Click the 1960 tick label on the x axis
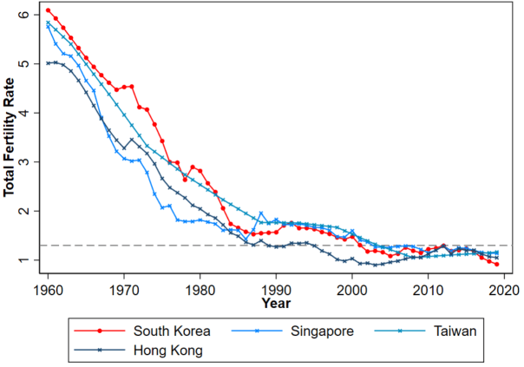click(48, 290)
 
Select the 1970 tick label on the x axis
click(124, 290)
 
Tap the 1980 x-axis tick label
click(200, 290)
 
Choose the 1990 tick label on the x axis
click(276, 290)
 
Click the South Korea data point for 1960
click(48, 10)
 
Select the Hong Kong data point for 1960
click(48, 62)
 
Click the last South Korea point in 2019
click(496, 264)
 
